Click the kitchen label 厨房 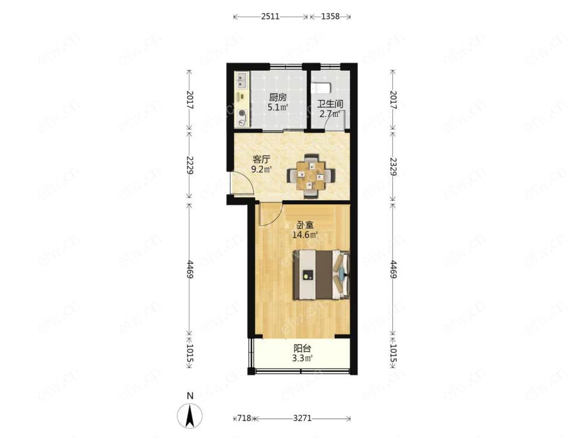point(278,98)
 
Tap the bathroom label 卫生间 point(330,104)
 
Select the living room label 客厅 point(261,160)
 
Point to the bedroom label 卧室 point(305,225)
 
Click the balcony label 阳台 point(302,349)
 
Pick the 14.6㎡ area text point(305,235)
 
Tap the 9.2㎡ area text point(261,170)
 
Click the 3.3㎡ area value point(302,359)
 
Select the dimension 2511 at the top point(270,16)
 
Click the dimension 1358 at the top point(330,16)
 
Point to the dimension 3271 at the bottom point(302,418)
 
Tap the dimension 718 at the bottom point(244,418)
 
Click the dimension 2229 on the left point(190,165)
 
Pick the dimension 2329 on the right point(392,166)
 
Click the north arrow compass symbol point(190,415)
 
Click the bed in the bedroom point(321,275)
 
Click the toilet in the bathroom point(322,88)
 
